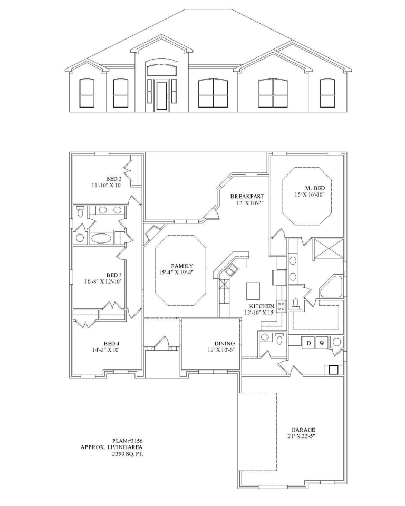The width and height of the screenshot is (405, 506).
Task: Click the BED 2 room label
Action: point(114,179)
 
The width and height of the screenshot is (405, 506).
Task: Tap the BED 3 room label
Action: point(114,275)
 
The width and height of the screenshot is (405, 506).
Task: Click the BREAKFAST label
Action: point(246,197)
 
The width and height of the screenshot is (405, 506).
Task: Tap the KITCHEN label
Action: point(262,306)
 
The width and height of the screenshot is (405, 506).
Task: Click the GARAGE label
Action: point(303,429)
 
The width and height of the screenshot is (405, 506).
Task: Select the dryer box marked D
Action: point(308,344)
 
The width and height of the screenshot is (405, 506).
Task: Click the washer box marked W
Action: point(322,344)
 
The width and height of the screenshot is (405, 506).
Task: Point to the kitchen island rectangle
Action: point(253,290)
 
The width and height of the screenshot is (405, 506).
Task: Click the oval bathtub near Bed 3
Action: point(101,238)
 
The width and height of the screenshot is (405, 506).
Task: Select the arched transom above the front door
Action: point(161,70)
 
